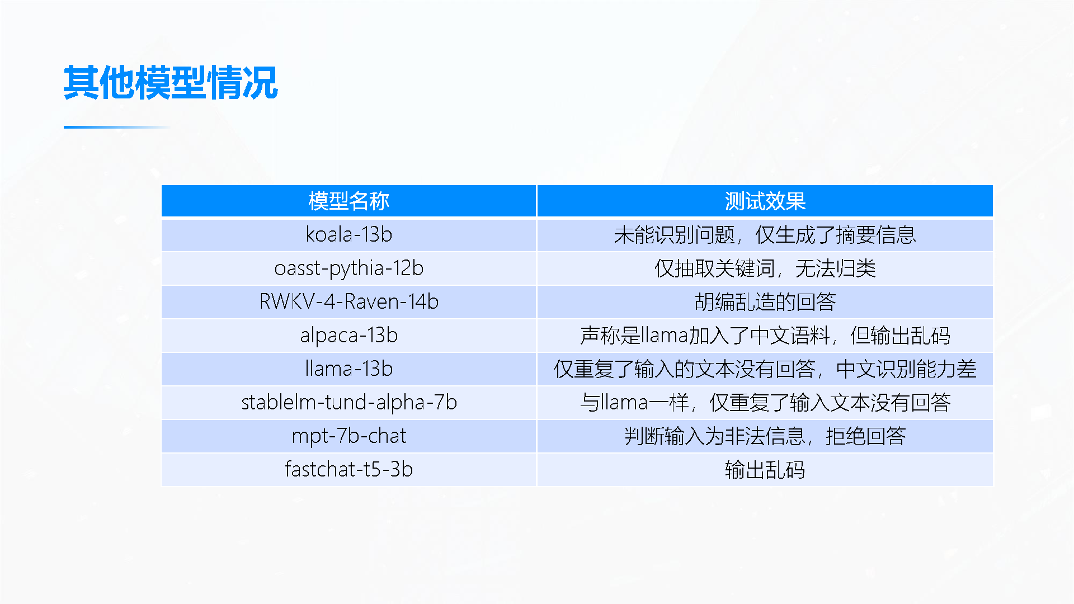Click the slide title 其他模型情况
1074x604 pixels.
coord(171,83)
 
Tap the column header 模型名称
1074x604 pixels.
coord(348,201)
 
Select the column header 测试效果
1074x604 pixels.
coord(765,201)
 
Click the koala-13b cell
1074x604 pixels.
coord(348,234)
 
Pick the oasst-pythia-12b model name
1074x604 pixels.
coord(348,268)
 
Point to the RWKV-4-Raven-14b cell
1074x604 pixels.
coord(348,301)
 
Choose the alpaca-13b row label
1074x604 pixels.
coord(348,336)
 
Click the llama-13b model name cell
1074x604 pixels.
coord(348,369)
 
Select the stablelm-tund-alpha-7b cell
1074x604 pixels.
coord(348,403)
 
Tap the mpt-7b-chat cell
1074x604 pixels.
coord(348,436)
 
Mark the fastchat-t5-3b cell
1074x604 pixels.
coord(348,469)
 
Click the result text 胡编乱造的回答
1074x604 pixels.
coord(765,302)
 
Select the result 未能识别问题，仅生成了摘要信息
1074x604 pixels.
coord(765,235)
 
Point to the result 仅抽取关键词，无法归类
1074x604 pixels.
coord(765,268)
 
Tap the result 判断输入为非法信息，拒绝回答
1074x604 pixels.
coord(765,436)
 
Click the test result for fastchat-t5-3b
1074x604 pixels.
coord(765,470)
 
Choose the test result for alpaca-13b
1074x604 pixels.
coord(765,336)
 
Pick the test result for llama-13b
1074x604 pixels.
coord(765,369)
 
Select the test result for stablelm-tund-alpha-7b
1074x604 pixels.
coord(765,403)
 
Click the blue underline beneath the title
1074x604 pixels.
coord(117,127)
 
